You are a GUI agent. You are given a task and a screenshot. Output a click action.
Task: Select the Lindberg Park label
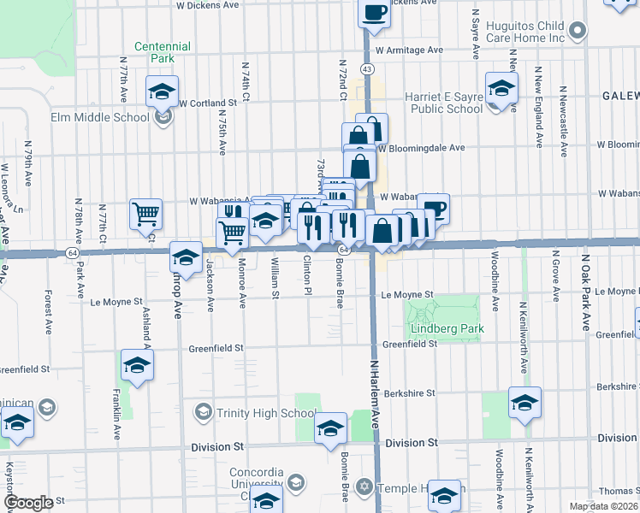click(447, 328)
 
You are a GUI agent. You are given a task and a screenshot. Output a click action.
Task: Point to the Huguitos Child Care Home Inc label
click(525, 32)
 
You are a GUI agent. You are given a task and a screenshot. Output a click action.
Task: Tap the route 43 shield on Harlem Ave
click(367, 68)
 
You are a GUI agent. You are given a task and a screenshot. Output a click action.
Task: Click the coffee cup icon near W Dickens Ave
click(374, 12)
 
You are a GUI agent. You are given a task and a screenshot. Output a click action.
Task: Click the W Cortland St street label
click(210, 103)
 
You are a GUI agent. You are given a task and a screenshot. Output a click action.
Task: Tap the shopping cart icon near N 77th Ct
click(146, 213)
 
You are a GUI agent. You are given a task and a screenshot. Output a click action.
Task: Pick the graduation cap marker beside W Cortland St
click(162, 91)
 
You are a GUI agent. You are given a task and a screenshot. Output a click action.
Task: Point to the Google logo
click(28, 503)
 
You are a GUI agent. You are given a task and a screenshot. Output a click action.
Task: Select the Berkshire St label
click(410, 393)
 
